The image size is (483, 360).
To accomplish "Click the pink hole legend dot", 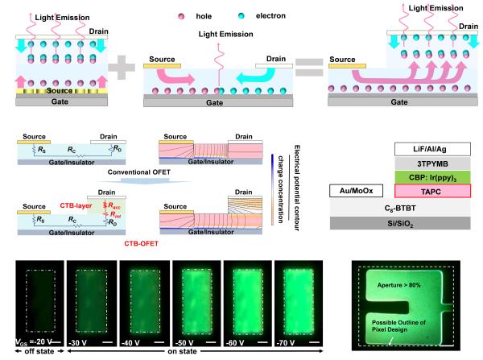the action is [181, 16].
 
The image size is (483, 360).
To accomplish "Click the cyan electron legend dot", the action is [242, 16].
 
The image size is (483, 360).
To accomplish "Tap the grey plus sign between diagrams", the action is [122, 67].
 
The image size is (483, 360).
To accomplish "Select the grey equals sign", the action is [309, 68].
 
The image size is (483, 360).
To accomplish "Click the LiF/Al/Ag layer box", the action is [432, 149].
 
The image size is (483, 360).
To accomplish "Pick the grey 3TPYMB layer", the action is [432, 163].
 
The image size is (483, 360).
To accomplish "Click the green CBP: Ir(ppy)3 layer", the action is [432, 177].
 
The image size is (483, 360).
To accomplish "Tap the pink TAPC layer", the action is [432, 191].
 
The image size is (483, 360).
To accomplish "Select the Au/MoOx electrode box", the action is [357, 191].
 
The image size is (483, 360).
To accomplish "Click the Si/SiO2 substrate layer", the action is [400, 223].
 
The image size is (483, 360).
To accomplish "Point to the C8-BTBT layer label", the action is [400, 209].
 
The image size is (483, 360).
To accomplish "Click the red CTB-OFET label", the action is [142, 243].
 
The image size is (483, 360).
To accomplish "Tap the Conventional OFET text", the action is [139, 172].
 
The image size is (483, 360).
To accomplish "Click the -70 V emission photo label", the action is [286, 343].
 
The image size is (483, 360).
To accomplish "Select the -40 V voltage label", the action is [130, 343].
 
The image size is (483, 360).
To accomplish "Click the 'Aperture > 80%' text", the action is [398, 285].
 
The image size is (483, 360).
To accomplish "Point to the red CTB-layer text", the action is [76, 205].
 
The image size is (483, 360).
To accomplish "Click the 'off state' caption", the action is [39, 351].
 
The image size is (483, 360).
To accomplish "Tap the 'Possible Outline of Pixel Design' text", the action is [398, 326].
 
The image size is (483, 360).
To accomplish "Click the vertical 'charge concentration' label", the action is [280, 189].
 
